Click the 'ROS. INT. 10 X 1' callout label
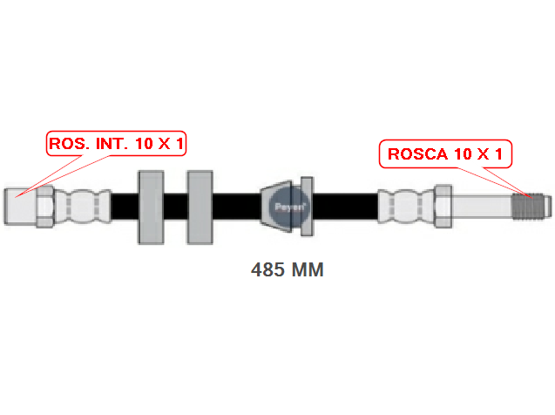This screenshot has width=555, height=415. tap(116, 143)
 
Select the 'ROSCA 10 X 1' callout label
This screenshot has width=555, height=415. tap(445, 153)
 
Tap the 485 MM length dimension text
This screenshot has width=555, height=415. tap(287, 269)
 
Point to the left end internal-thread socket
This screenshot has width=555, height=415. tap(20, 207)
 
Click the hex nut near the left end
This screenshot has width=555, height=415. tap(45, 207)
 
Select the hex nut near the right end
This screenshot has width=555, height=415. tap(443, 207)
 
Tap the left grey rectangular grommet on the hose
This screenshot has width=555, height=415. tap(151, 207)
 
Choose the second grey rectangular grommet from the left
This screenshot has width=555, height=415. tap(200, 207)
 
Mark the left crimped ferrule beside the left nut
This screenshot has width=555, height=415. tap(83, 207)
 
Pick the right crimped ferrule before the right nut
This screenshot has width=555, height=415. tap(406, 207)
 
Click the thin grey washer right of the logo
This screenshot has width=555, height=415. tap(307, 207)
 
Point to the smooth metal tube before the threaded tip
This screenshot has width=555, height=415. tap(482, 207)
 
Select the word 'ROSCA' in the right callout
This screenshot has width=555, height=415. tap(418, 154)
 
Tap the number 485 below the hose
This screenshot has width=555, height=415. tap(267, 269)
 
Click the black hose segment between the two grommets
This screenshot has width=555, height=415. tap(176, 207)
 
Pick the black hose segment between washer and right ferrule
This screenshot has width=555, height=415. tap(345, 207)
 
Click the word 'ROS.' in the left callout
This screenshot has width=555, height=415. tap(69, 144)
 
